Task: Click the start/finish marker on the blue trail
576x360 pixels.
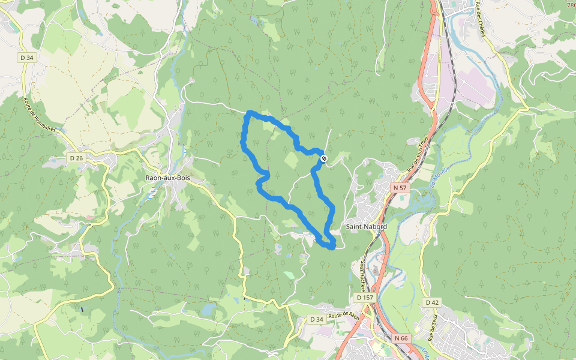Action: tap(324, 158)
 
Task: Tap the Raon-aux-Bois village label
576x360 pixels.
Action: tap(168, 178)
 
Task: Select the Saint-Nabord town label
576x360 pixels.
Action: tap(367, 227)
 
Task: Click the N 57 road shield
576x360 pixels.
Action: tap(401, 188)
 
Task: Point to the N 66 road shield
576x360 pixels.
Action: tap(401, 338)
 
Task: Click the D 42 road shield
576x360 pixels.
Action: tap(431, 302)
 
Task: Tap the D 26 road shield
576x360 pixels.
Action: tap(76, 158)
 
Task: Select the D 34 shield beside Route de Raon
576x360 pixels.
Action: tap(316, 319)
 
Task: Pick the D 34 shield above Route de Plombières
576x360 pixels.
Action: tap(26, 58)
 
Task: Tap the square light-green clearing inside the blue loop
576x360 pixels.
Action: tap(291, 160)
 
